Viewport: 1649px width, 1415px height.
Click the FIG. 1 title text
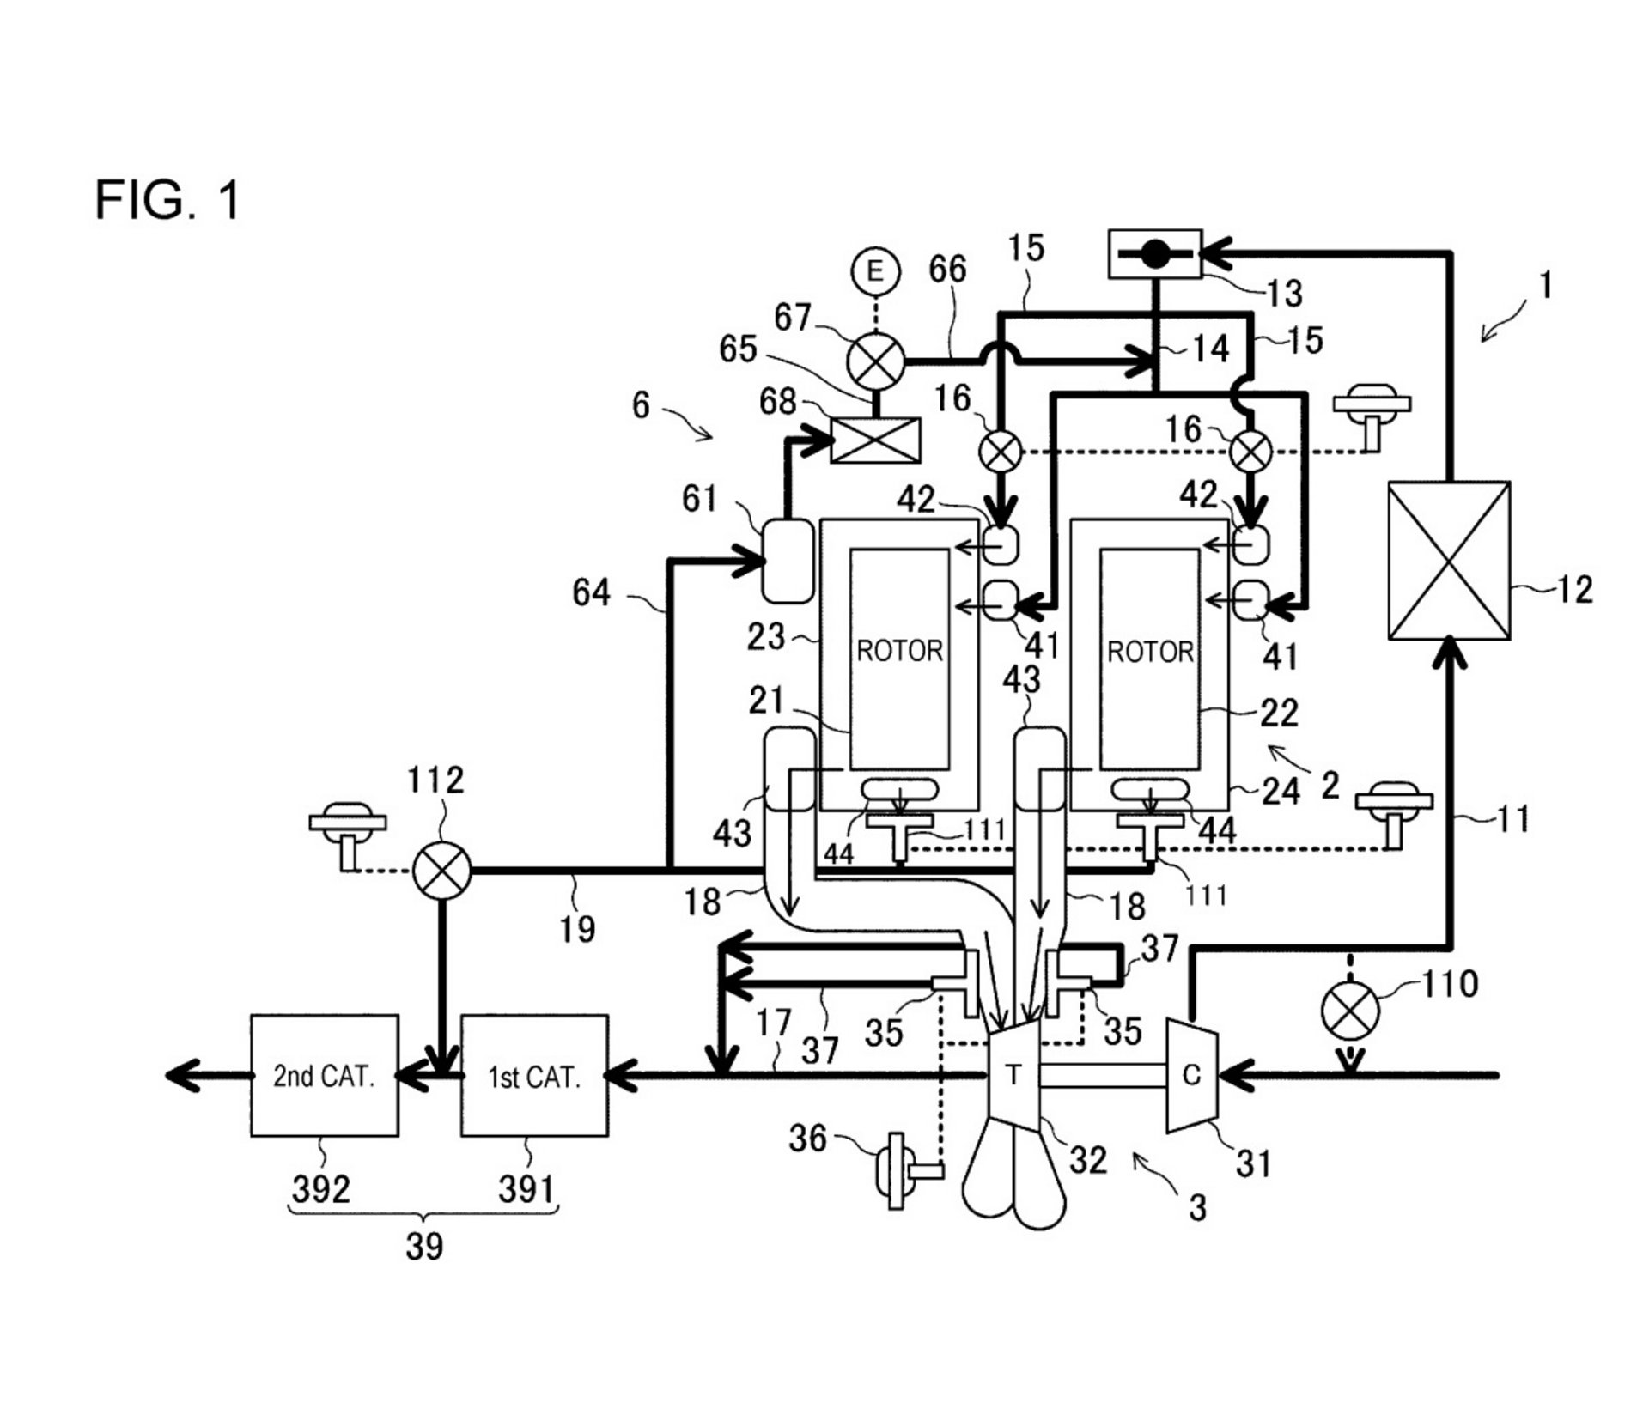click(167, 200)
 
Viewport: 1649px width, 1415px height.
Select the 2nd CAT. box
click(325, 1076)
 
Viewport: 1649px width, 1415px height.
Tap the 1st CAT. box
click(534, 1076)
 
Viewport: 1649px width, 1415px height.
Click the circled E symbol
click(875, 272)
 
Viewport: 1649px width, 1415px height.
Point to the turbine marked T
click(1015, 1075)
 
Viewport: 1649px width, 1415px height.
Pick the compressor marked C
click(1191, 1075)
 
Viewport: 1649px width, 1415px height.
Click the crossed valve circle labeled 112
click(442, 870)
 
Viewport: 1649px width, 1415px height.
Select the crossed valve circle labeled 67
click(876, 361)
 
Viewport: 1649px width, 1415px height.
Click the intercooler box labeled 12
click(1450, 560)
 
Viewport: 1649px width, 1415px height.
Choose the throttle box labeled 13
click(1155, 253)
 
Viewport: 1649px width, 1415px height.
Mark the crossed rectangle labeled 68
click(876, 440)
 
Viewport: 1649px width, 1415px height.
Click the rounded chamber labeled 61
click(788, 561)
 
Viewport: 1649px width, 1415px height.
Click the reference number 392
click(321, 1189)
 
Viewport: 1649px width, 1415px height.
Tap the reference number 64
click(591, 592)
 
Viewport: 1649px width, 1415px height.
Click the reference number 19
click(577, 928)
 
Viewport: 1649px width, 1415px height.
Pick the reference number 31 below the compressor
click(1253, 1164)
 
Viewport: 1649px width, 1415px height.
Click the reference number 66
click(948, 270)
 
